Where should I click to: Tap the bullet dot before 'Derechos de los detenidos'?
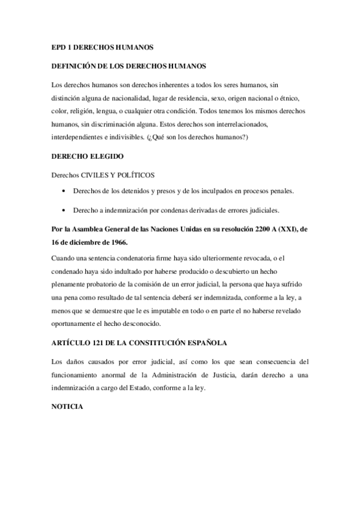tap(64, 191)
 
